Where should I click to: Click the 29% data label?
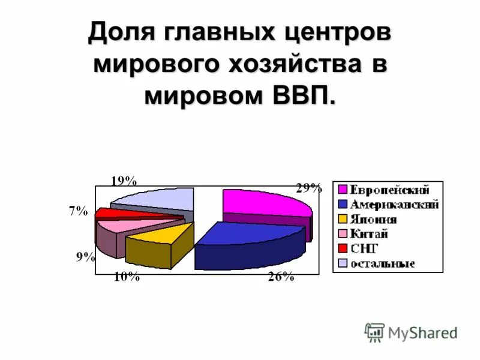click(x=308, y=188)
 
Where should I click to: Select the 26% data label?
click(x=280, y=277)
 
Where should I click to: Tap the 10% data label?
click(x=127, y=277)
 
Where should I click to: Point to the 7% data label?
click(x=78, y=211)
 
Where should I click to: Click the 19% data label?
click(x=125, y=180)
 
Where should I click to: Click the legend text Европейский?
click(x=390, y=191)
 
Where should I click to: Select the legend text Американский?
click(x=394, y=205)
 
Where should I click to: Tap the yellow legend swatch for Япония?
click(x=343, y=220)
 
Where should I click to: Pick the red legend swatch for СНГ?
click(x=343, y=248)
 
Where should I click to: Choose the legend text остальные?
click(x=383, y=263)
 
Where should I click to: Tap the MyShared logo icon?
click(x=374, y=332)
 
